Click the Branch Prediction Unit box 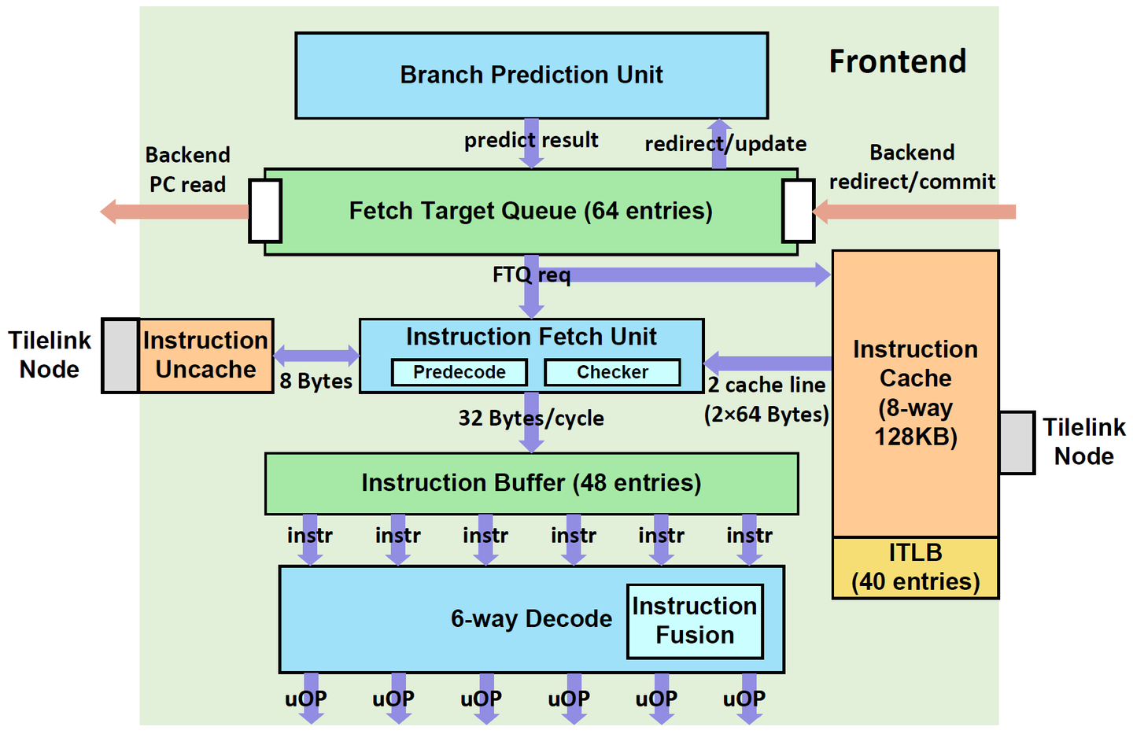coord(531,76)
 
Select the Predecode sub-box coord(459,372)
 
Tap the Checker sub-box coord(612,372)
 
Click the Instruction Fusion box coord(695,621)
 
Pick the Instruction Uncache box coord(206,356)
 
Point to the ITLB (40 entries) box coord(915,567)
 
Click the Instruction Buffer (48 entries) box coord(531,483)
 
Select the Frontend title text coord(898,61)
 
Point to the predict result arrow coord(532,144)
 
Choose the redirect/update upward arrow coord(718,144)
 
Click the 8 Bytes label coord(316,382)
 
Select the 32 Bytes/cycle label coord(531,418)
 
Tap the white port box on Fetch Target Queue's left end coord(265,211)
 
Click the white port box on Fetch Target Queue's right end coord(798,211)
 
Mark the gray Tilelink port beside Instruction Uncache coord(120,356)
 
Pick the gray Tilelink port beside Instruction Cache coord(1017,442)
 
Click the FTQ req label coord(531,275)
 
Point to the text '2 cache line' coord(766,385)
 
